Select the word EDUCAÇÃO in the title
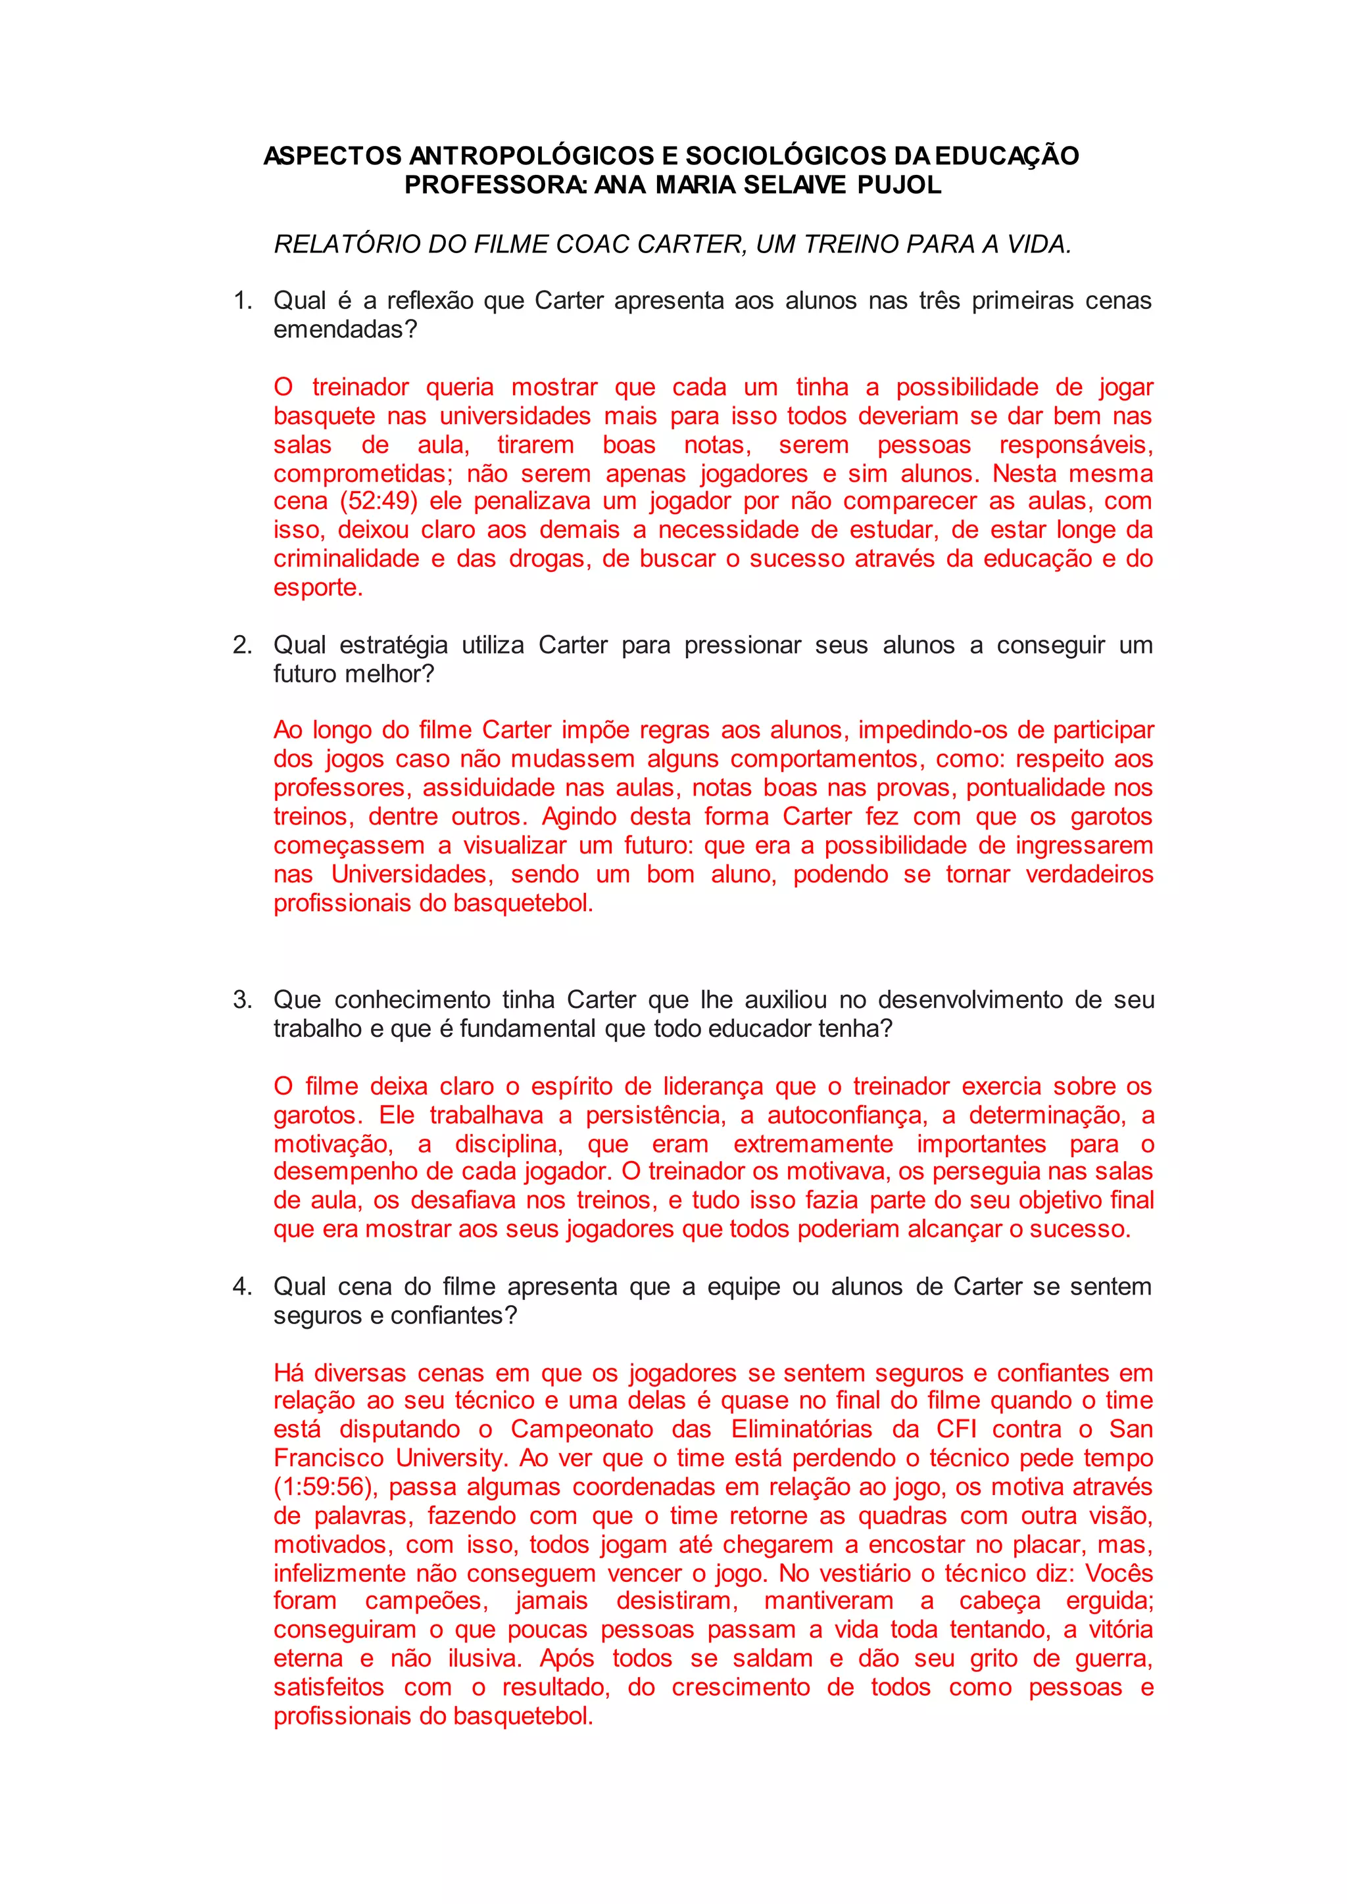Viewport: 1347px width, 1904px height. [1007, 156]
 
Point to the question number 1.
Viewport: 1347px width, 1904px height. [242, 300]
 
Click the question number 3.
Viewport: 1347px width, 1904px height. [242, 999]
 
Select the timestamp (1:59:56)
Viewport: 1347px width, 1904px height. [325, 1487]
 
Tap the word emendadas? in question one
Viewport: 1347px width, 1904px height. [345, 329]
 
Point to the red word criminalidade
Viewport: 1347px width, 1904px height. [346, 559]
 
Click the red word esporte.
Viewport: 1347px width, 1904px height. [318, 588]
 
